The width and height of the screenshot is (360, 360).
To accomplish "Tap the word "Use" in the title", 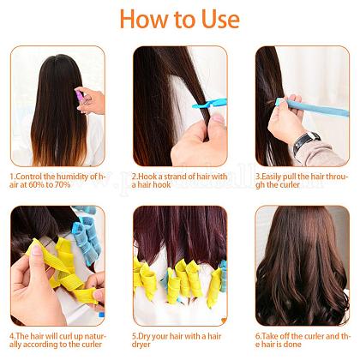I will pyautogui.click(x=219, y=19).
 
